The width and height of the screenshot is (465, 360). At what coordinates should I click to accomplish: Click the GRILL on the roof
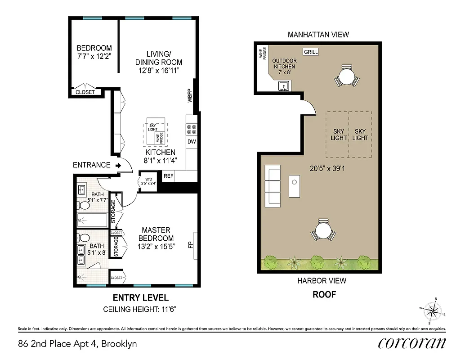coord(311,52)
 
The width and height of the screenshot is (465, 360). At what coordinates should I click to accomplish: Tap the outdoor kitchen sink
coord(284,85)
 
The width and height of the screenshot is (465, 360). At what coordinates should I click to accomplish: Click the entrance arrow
coord(118,165)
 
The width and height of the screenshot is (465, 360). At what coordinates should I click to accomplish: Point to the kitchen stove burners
coord(191,130)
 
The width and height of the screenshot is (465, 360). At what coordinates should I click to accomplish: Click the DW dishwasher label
coord(191,141)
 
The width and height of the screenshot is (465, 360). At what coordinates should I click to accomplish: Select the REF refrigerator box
coord(169,176)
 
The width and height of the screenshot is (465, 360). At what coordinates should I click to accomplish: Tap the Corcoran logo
coord(412,343)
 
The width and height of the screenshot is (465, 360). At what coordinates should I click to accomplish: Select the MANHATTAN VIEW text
coord(318,35)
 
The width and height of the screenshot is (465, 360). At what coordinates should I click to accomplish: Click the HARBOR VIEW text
coord(322,281)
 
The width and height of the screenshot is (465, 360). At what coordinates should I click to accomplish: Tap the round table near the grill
coord(347,77)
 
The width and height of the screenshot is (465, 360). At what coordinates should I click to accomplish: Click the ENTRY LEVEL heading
coord(140,297)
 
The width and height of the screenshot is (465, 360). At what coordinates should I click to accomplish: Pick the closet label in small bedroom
coord(85,92)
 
